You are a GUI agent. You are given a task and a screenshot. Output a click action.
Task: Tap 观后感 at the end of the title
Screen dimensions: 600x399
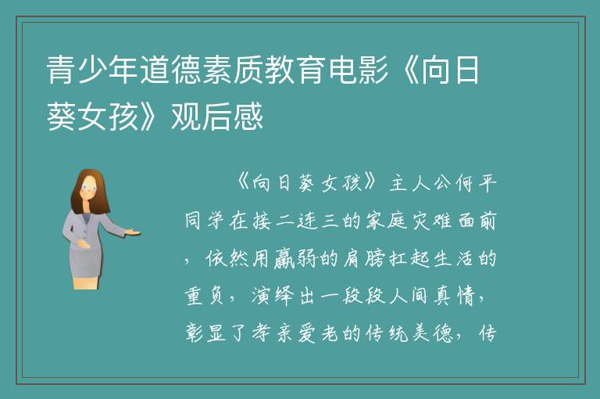tap(217, 117)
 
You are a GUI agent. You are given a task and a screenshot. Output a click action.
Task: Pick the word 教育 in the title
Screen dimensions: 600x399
tap(296, 70)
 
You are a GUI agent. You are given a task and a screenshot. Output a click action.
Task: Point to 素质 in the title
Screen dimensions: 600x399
tap(233, 70)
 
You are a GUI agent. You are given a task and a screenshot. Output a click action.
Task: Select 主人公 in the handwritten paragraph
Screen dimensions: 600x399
tap(420, 184)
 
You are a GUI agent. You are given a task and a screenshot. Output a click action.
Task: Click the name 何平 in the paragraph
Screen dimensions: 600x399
tap(476, 184)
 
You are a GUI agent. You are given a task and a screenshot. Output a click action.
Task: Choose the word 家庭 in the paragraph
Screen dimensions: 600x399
tap(387, 221)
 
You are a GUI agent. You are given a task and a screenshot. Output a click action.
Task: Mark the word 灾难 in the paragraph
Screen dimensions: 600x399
tap(431, 221)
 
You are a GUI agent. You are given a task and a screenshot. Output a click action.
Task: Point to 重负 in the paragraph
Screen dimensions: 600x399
tap(204, 296)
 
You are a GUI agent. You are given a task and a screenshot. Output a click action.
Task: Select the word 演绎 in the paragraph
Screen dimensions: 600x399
tap(273, 296)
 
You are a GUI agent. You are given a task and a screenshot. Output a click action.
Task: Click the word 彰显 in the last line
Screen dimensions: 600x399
tap(205, 332)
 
